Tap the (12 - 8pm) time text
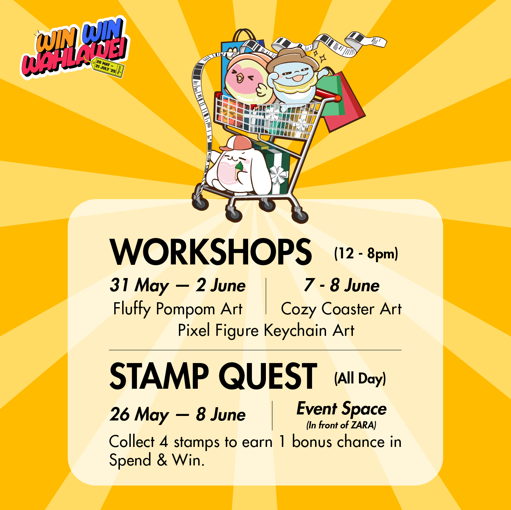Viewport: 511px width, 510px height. point(366,254)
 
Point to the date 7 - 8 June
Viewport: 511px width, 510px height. point(342,285)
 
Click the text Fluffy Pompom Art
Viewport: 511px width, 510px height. point(178,309)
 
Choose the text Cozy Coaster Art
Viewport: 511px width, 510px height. point(341,309)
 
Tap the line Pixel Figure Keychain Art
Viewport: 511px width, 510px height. point(266,331)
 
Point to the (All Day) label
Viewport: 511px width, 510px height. point(360,379)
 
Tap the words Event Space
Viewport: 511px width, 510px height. point(342,409)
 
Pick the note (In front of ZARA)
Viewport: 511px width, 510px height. point(341,425)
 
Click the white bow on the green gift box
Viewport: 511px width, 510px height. point(278,175)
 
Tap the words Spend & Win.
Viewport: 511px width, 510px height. point(157,460)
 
